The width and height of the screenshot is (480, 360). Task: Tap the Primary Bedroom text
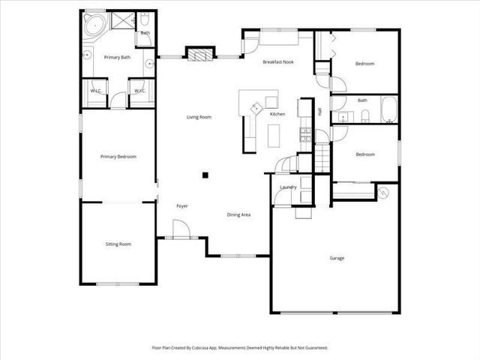pos(118,157)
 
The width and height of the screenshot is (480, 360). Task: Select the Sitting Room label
pos(118,244)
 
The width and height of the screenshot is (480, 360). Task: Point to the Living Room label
pos(199,117)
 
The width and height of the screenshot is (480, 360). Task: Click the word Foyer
pos(182,205)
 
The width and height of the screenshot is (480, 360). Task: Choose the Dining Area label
pos(238,214)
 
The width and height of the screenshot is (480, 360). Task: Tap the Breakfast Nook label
pos(277,62)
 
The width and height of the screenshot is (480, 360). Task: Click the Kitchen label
pos(277,114)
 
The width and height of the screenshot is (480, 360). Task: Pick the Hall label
pos(319,112)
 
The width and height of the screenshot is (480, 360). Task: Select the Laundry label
pos(288,187)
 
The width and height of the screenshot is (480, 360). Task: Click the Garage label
pos(337,258)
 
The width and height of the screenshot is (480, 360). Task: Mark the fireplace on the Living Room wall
pos(197,54)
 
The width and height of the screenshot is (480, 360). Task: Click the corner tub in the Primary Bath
pos(94,25)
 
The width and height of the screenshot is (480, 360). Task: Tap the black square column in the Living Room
pos(205,175)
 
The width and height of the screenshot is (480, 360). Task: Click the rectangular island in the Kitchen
pos(273,134)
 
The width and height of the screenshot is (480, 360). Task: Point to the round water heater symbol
pos(384,192)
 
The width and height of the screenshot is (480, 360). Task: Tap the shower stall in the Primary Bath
pos(122,20)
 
